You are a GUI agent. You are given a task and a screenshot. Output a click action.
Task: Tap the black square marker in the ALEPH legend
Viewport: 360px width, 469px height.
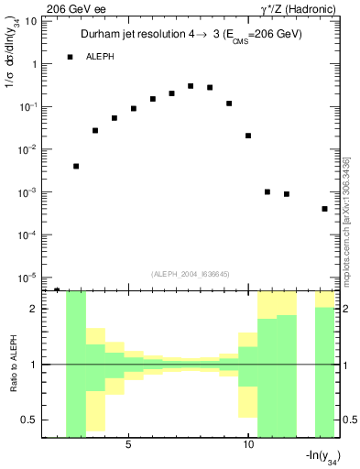[x=70, y=57]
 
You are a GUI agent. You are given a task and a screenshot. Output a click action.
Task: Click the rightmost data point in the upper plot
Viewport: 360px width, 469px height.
[x=324, y=209]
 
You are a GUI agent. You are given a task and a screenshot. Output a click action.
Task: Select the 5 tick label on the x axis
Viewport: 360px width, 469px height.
[x=128, y=445]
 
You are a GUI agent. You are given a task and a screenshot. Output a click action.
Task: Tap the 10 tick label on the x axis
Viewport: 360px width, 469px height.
[x=248, y=445]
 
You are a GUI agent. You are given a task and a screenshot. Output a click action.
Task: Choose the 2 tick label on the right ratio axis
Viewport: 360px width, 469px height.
[x=347, y=309]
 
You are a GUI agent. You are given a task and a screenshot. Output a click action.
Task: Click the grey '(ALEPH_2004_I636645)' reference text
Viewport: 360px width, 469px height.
[x=191, y=273]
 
